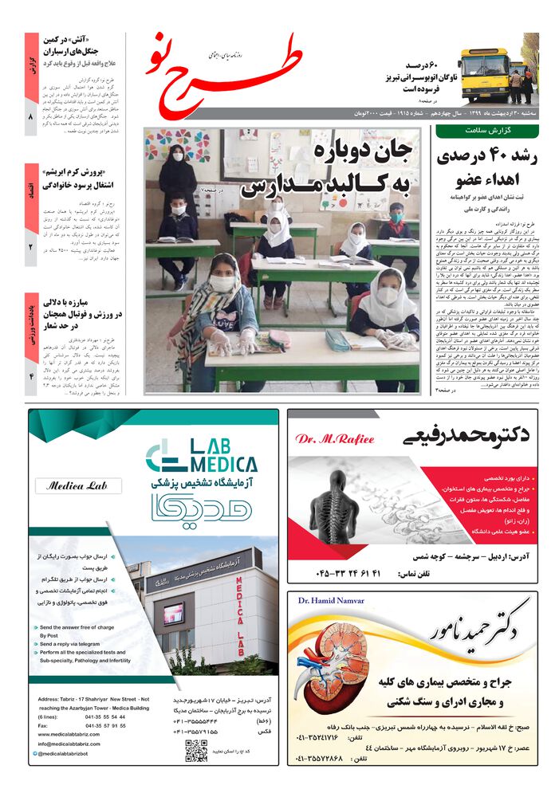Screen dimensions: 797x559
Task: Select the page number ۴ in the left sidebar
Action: (31, 375)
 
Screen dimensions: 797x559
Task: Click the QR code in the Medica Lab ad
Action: (196, 750)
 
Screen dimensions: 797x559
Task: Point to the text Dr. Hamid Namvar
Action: (330, 600)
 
